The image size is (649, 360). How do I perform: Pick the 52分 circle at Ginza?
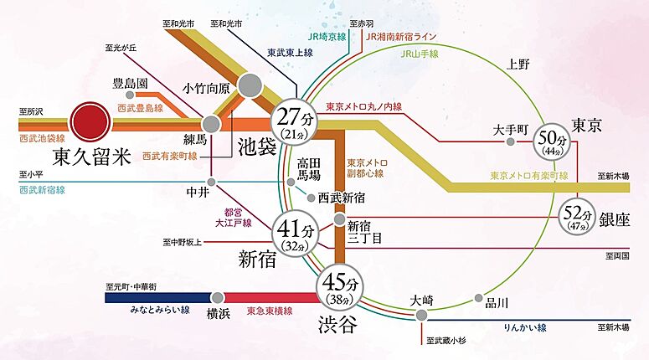pyautogui.click(x=578, y=217)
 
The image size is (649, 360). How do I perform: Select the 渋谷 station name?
pyautogui.click(x=337, y=324)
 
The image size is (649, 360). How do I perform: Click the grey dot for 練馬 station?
pyautogui.click(x=212, y=123)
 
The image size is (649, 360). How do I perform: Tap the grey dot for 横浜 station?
pyautogui.click(x=218, y=296)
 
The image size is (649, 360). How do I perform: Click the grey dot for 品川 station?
pyautogui.click(x=479, y=297)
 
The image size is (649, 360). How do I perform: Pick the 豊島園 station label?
pyautogui.click(x=132, y=84)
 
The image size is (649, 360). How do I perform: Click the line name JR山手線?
pyautogui.click(x=419, y=52)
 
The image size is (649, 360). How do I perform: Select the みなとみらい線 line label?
pyautogui.click(x=160, y=310)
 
